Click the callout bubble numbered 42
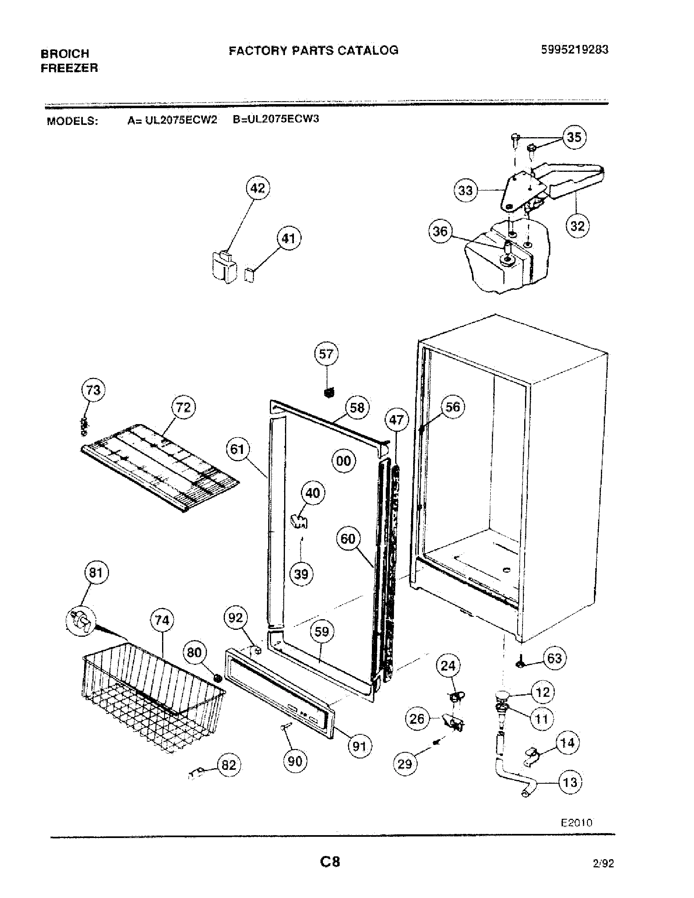pos(257,188)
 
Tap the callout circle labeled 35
pos(574,137)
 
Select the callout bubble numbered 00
pos(344,461)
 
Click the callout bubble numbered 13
pos(570,782)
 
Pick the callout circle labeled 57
pos(326,354)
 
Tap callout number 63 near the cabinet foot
pos(554,659)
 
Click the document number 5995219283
pos(574,50)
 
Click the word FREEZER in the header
pos(69,68)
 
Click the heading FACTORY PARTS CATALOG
pos(313,51)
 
